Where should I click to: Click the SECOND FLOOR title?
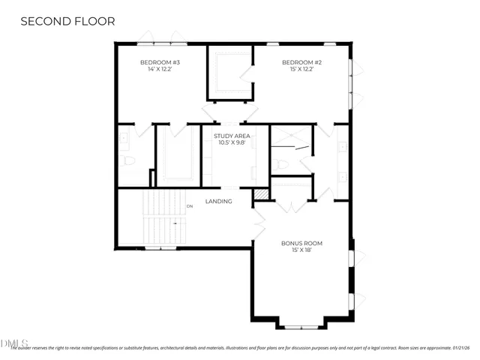tap(67, 21)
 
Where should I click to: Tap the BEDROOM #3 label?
tap(160, 62)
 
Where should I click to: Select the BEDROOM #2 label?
tap(301, 62)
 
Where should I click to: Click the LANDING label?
tap(218, 201)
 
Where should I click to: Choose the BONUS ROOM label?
tap(301, 243)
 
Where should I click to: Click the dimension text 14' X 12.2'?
tap(160, 70)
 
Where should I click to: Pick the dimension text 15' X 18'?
tap(301, 250)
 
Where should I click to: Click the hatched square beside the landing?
tap(260, 194)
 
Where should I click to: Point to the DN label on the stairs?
tap(190, 205)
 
